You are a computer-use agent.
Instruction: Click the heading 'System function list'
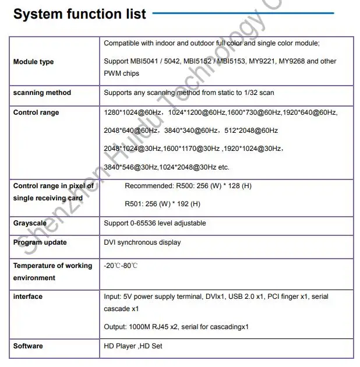click(x=80, y=15)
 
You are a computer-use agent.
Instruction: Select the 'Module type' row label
click(x=33, y=62)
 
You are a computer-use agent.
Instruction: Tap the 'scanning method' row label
click(x=42, y=93)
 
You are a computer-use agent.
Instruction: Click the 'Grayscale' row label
click(x=30, y=223)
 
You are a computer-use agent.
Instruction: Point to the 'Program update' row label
click(x=40, y=242)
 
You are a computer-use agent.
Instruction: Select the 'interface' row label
click(x=28, y=297)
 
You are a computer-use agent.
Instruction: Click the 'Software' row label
click(x=28, y=346)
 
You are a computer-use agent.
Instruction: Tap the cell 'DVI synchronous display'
click(x=142, y=242)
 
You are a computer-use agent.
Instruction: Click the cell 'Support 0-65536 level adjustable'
click(x=154, y=223)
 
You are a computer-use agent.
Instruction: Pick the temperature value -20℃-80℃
click(x=121, y=266)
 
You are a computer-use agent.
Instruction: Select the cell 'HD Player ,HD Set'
click(x=133, y=346)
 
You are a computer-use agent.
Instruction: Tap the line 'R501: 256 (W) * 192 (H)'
click(x=163, y=204)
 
